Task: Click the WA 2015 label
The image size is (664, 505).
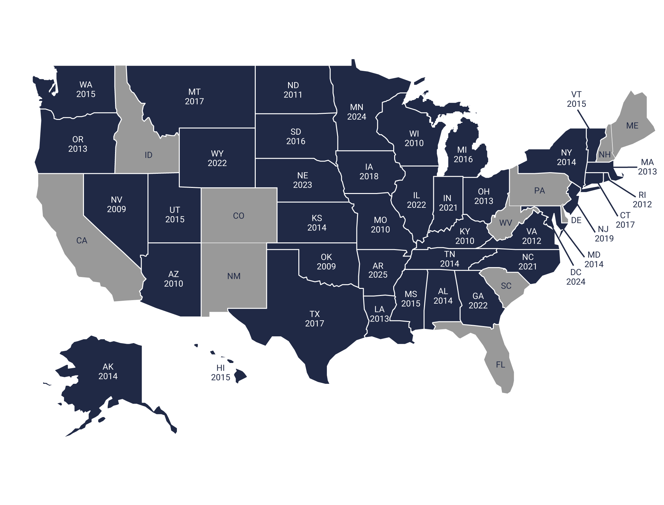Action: [x=86, y=89]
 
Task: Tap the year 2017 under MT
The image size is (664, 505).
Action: [x=194, y=101]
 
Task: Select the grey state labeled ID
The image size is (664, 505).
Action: [x=148, y=155]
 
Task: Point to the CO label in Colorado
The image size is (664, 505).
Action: [x=239, y=216]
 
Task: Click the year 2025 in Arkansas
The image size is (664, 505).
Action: [x=378, y=275]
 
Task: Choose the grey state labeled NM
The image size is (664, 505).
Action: [x=234, y=276]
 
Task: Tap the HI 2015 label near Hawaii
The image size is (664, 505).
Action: [x=220, y=373]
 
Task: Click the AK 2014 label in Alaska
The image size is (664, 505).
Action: [x=108, y=371]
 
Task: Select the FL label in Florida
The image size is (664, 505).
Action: [x=500, y=365]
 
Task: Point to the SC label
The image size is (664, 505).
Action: [x=506, y=286]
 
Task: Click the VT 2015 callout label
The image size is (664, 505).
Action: [x=576, y=99]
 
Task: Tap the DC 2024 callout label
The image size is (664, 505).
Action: [x=576, y=277]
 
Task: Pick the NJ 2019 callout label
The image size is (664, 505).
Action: [x=604, y=234]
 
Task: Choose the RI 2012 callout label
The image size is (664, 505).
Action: [x=642, y=199]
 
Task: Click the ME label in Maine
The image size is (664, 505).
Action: [x=632, y=126]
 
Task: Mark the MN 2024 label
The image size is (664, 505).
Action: [x=357, y=112]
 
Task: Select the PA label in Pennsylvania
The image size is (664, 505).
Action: [x=539, y=191]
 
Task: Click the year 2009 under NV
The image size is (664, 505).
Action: [x=116, y=209]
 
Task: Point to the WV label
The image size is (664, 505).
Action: [x=505, y=223]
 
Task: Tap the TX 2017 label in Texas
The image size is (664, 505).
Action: [x=314, y=319]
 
